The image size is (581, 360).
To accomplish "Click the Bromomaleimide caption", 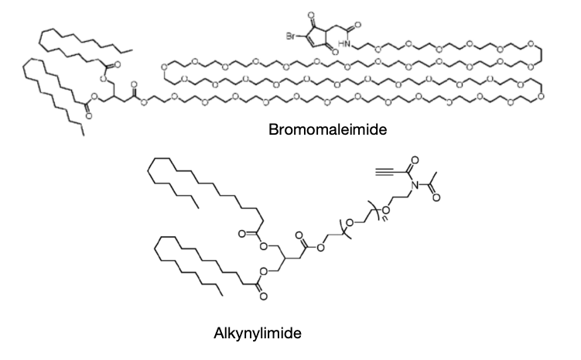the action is [x=327, y=130].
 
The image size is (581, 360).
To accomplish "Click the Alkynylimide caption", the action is [x=258, y=334].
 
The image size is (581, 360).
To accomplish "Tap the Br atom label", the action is [x=291, y=36].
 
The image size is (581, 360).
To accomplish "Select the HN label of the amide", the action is [x=344, y=44].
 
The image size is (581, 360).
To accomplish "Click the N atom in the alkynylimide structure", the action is [x=414, y=185].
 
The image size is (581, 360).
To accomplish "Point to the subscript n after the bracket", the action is [x=384, y=218].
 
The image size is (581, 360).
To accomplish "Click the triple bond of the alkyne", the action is [x=388, y=173].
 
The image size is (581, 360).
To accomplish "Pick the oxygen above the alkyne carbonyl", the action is [x=415, y=160].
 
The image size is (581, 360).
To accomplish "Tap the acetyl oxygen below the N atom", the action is [x=436, y=197].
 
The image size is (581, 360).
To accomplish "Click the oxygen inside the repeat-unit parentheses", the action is [x=350, y=223].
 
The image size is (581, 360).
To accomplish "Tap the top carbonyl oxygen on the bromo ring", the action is [x=311, y=16].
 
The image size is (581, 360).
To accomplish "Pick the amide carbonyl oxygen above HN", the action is [x=358, y=25].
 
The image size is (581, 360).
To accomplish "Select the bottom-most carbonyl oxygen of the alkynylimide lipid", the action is [x=263, y=297].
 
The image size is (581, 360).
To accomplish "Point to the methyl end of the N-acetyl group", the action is [x=436, y=173].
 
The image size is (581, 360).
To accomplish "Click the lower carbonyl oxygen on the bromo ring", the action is [x=335, y=52].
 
